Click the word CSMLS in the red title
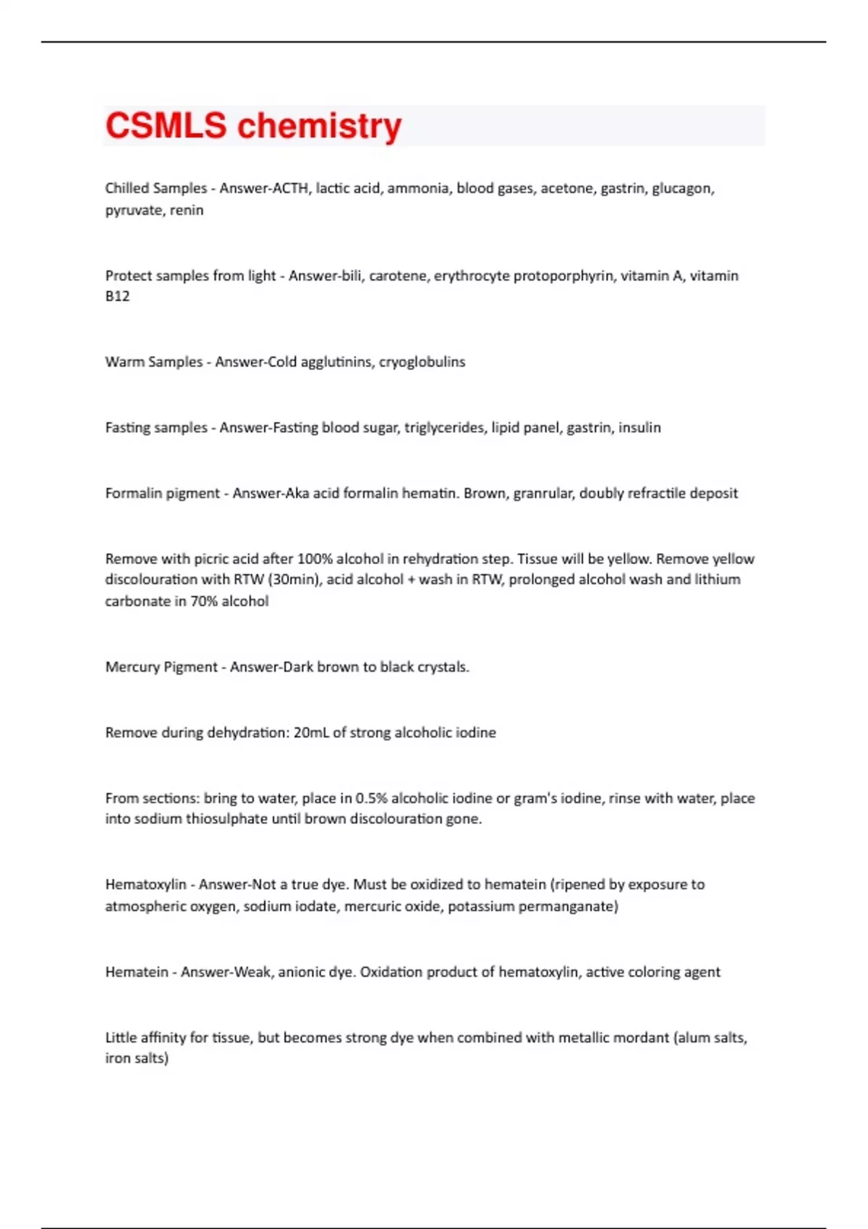(166, 126)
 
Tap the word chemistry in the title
(319, 126)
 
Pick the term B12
(117, 296)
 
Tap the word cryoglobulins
(422, 361)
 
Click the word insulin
(639, 427)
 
